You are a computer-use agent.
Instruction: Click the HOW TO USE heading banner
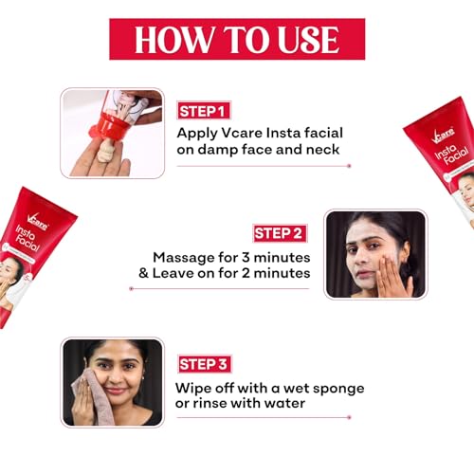point(237,39)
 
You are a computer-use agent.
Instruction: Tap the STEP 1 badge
point(204,111)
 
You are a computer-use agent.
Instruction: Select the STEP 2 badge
point(280,233)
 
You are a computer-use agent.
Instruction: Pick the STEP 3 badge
point(204,364)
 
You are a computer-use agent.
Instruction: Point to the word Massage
point(183,258)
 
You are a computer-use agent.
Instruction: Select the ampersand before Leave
point(143,273)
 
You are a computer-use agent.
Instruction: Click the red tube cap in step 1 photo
point(107,127)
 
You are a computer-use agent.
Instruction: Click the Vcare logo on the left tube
point(37,222)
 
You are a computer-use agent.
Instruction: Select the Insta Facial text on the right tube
point(451,155)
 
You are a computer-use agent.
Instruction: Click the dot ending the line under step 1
point(349,166)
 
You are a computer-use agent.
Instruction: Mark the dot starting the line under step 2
point(132,288)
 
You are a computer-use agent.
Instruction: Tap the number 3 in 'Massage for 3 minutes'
point(246,258)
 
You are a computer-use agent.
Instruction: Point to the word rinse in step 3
point(209,403)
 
